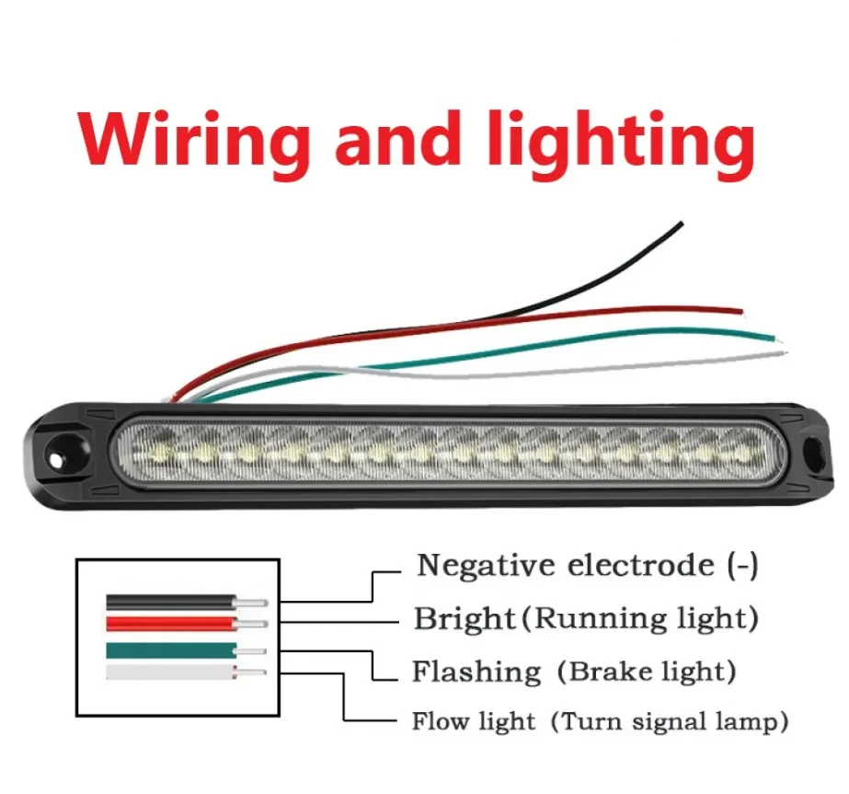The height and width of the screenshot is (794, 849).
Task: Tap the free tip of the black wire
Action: point(680,224)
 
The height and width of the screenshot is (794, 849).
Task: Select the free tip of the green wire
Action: point(775,336)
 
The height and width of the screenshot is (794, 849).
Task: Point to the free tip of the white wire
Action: point(783,351)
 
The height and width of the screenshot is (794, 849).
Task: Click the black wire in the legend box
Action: point(170,602)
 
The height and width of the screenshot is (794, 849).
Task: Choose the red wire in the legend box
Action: point(170,623)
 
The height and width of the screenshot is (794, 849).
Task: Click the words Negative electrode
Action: point(565,565)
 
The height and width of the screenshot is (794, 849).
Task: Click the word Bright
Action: point(464,618)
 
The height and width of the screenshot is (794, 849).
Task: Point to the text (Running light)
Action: point(640,618)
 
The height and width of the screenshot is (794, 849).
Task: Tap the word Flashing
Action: point(476,672)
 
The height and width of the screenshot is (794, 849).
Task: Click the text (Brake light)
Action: point(645,671)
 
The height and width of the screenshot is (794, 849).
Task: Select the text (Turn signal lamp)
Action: point(670,722)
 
